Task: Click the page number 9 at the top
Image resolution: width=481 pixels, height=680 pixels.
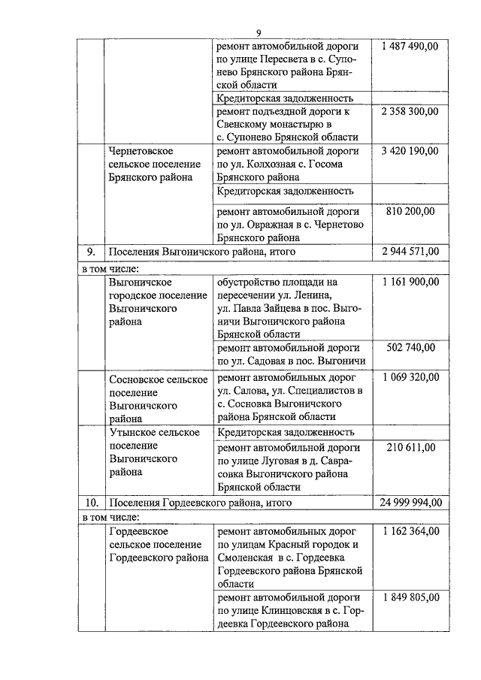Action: click(258, 32)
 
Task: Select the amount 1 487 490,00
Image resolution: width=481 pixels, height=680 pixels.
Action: click(410, 46)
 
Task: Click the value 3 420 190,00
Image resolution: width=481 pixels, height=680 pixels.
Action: click(410, 151)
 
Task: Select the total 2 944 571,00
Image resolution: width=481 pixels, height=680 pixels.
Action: click(410, 251)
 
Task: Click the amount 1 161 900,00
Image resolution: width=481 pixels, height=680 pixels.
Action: click(410, 282)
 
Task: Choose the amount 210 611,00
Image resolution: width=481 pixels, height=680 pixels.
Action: click(410, 448)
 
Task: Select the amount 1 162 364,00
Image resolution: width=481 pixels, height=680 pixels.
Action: click(410, 530)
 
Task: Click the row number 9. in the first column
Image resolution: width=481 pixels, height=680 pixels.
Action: click(90, 251)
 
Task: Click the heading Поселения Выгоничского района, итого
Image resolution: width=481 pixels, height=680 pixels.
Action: click(201, 251)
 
